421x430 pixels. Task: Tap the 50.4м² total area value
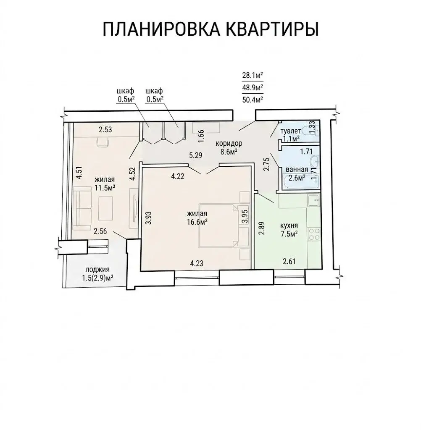click(253, 99)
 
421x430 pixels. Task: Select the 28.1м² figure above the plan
click(253, 75)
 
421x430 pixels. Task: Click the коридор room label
click(229, 143)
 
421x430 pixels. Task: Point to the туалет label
click(291, 131)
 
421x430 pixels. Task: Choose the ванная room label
click(297, 170)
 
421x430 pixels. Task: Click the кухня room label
click(289, 226)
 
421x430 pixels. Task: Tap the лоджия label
click(97, 270)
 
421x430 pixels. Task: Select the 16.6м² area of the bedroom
click(197, 222)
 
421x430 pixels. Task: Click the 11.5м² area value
click(105, 188)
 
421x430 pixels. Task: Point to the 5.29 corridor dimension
click(195, 155)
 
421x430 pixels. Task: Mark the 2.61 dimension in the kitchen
click(289, 261)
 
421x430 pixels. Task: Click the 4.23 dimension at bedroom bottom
click(197, 264)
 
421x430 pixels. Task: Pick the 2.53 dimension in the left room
click(105, 130)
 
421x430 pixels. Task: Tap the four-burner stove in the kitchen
click(314, 234)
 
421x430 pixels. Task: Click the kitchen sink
click(314, 201)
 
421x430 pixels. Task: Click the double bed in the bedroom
click(218, 225)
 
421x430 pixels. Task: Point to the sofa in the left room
click(82, 207)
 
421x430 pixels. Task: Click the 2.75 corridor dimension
click(267, 164)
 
